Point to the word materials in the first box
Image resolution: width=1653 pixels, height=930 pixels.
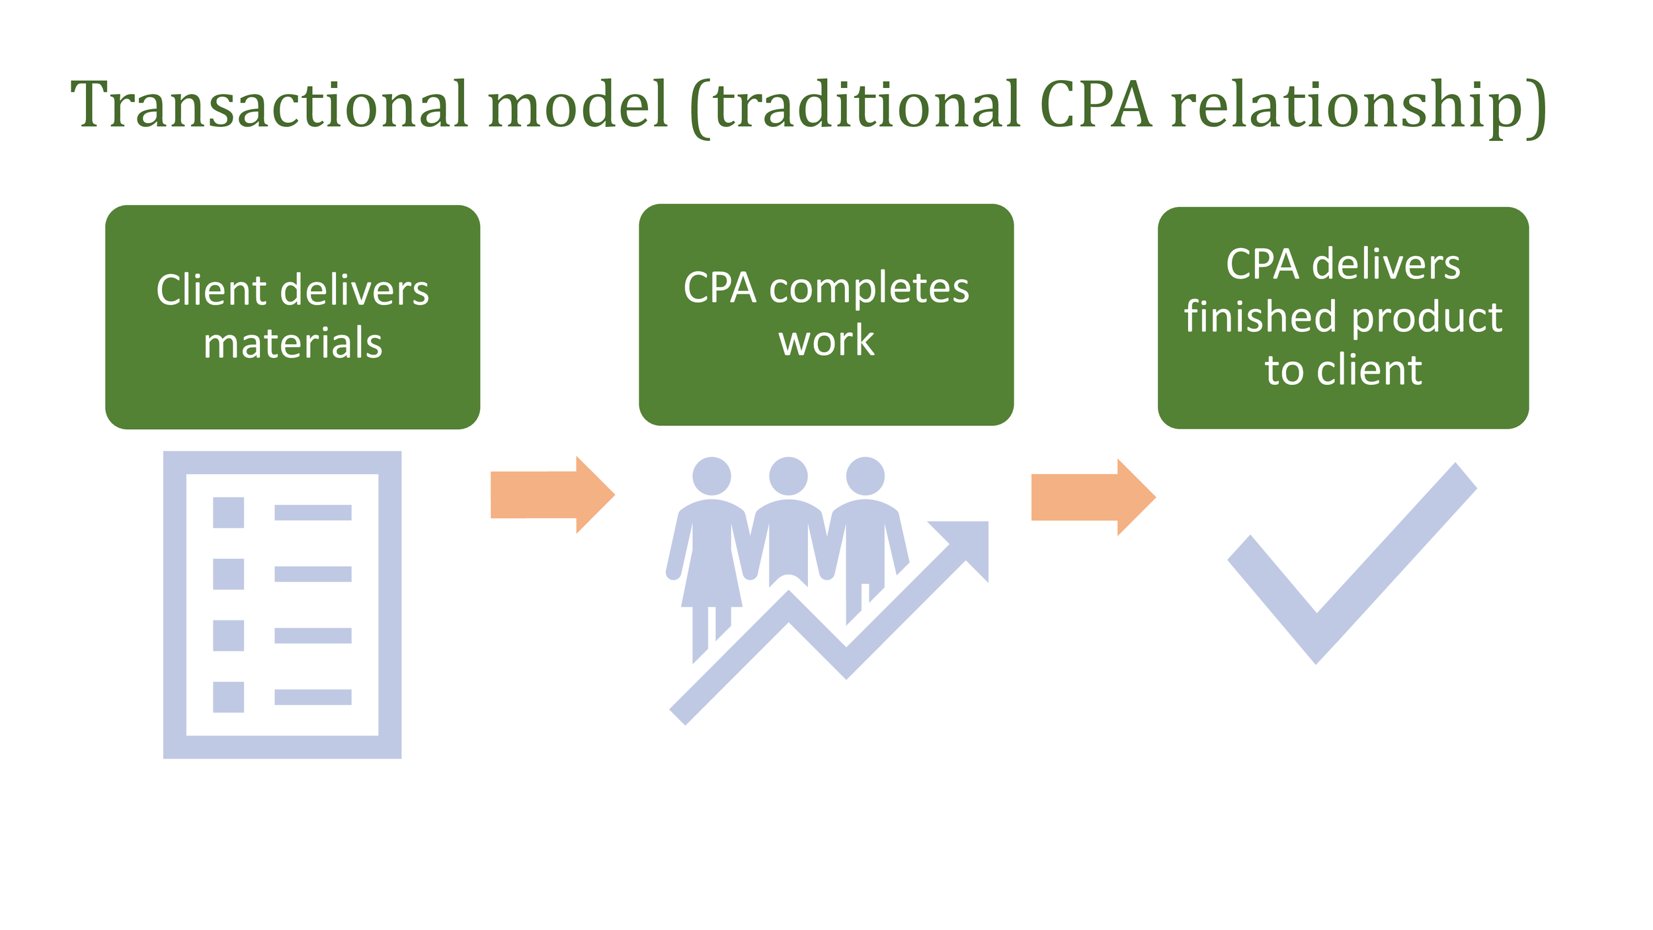click(293, 344)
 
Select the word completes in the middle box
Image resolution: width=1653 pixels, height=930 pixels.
click(869, 288)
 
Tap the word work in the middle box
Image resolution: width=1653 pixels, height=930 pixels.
click(826, 341)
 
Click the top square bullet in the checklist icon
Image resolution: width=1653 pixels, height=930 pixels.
click(228, 513)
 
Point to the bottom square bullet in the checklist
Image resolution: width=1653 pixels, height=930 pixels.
click(228, 697)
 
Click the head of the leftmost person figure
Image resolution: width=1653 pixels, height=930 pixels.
click(711, 476)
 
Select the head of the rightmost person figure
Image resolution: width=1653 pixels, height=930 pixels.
click(865, 476)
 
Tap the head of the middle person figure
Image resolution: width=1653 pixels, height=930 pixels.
click(788, 476)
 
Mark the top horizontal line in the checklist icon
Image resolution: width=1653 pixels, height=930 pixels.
click(313, 513)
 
